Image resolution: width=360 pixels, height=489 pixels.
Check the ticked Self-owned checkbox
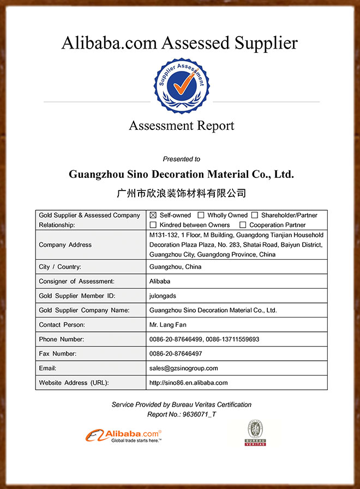tap(153, 216)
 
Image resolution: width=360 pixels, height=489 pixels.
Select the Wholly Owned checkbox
tap(201, 216)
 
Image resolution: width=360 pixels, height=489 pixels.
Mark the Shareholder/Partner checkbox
tap(255, 216)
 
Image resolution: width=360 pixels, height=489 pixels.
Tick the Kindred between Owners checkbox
tap(153, 225)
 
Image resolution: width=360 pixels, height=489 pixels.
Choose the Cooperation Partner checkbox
tap(243, 225)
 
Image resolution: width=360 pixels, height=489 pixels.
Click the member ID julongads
tap(163, 296)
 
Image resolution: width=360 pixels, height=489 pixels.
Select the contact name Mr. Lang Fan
tap(168, 325)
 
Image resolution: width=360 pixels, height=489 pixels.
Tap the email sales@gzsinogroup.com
tap(183, 368)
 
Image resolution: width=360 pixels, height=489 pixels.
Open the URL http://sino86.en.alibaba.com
tap(188, 383)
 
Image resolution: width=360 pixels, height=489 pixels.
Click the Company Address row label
tap(65, 244)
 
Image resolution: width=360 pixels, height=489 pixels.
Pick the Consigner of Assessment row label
tap(76, 281)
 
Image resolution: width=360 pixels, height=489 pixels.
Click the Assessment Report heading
tap(182, 126)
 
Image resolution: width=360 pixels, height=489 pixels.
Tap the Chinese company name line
tap(182, 193)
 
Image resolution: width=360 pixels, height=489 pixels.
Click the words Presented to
tap(182, 159)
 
